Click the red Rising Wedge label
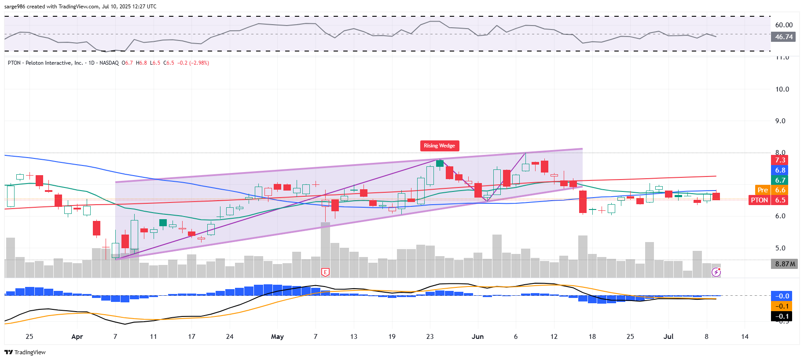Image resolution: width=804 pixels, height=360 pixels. click(x=439, y=146)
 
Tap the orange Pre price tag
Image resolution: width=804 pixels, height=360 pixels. click(x=763, y=190)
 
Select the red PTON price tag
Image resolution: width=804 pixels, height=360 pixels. click(x=759, y=200)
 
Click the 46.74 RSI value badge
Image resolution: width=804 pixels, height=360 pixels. click(x=783, y=37)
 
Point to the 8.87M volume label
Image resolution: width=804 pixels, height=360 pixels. click(x=785, y=264)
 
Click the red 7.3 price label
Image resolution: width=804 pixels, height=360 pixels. click(x=780, y=160)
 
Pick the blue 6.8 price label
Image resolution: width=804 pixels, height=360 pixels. click(x=780, y=170)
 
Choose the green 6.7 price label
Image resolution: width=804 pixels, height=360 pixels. click(x=780, y=180)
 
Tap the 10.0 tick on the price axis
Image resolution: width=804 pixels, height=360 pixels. click(x=782, y=89)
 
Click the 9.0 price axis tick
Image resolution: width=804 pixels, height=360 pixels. click(x=780, y=121)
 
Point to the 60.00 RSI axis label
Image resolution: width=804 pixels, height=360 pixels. click(x=784, y=25)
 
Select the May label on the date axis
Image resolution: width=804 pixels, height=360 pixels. click(x=277, y=337)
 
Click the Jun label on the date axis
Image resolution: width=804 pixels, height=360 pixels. click(x=477, y=337)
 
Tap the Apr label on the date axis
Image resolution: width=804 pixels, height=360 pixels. click(x=77, y=337)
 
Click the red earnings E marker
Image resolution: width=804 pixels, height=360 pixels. click(x=325, y=272)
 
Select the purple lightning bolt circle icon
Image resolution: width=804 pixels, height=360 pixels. click(x=716, y=272)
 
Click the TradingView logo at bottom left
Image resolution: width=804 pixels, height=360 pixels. click(x=25, y=352)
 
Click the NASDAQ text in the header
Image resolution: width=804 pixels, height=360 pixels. click(x=109, y=63)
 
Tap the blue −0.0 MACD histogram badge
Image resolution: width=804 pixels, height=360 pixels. click(x=782, y=296)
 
